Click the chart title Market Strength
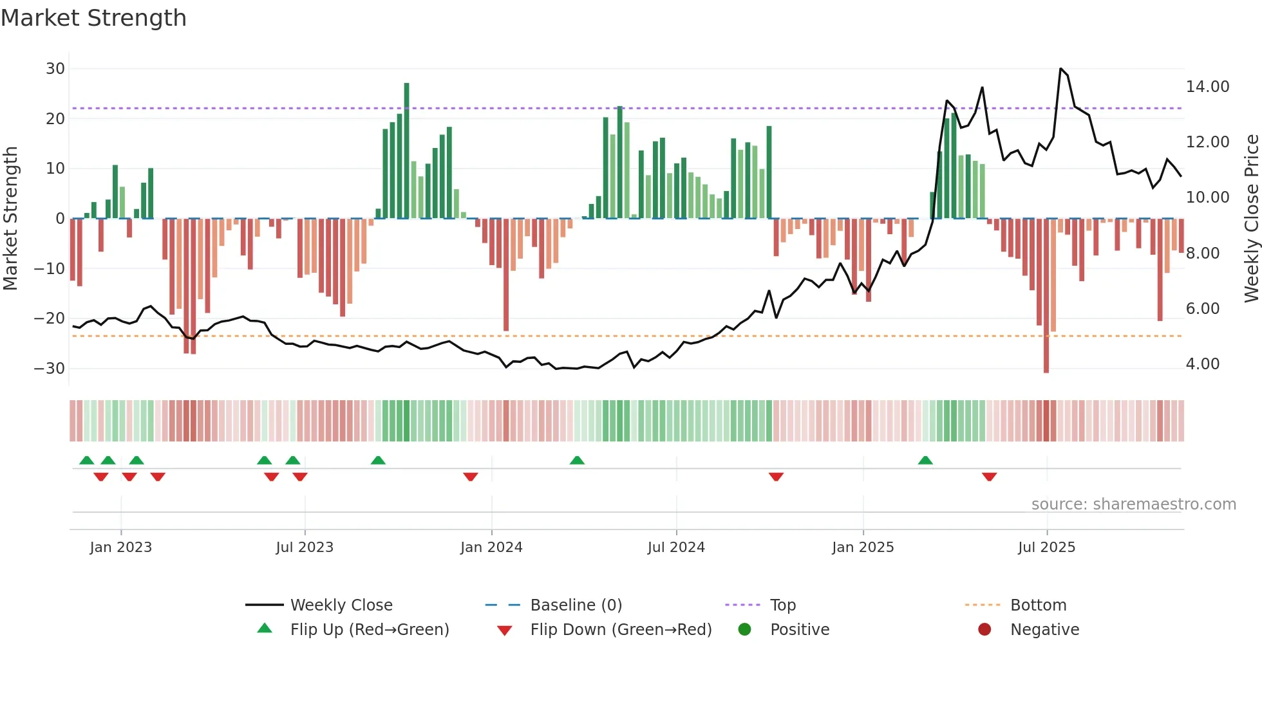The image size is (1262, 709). point(93,18)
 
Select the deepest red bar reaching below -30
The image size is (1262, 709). point(1046,296)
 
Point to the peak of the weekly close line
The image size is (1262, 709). point(1060,69)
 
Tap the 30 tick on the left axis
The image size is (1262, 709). point(55,69)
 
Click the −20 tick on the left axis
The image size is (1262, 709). point(50,318)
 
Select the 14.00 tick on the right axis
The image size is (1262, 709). point(1207,87)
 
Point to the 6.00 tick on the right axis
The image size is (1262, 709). point(1202,309)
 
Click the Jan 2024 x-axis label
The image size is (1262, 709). point(491,548)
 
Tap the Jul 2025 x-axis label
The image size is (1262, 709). point(1046,548)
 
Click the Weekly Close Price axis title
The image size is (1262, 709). point(1251,219)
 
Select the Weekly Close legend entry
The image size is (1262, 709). point(341,605)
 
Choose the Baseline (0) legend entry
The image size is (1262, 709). point(576,605)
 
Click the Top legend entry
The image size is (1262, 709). point(782,605)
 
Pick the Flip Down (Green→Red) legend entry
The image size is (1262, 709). point(620,630)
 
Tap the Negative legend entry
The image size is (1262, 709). point(1044,630)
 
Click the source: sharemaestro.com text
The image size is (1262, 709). point(1133,504)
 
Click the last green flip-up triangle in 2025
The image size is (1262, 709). point(925,460)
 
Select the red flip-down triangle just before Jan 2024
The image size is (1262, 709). point(471,477)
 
